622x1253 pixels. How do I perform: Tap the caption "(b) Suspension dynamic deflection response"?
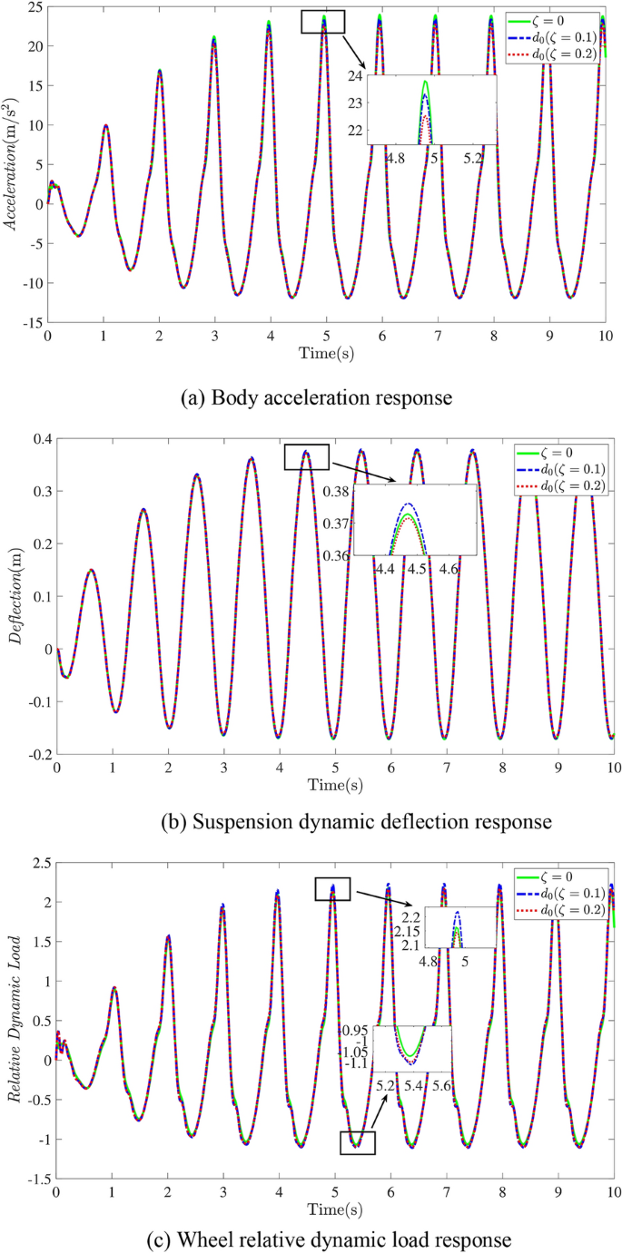[310, 822]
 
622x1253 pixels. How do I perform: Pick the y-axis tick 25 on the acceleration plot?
[34, 7]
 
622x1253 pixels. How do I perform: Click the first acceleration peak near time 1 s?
[105, 126]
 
